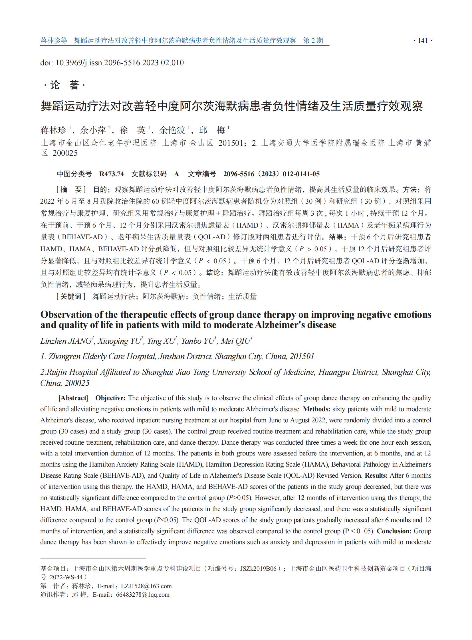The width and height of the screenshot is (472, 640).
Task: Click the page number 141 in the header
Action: click(423, 40)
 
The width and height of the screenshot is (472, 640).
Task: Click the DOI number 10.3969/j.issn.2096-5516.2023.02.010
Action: click(120, 63)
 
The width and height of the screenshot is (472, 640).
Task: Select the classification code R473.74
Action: click(111, 174)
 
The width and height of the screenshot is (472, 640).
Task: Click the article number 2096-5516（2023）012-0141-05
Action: click(271, 174)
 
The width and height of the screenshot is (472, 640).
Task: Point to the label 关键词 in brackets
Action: click(71, 296)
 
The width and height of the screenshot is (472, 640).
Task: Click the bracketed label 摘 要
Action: click(71, 190)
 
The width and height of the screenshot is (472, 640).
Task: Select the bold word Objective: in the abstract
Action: click(110, 398)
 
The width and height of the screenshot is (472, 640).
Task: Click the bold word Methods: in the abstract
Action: click(316, 409)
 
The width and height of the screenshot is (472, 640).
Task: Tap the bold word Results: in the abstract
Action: click(376, 475)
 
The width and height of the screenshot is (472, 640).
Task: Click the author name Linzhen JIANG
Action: click(66, 341)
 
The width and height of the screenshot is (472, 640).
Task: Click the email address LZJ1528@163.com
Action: click(146, 586)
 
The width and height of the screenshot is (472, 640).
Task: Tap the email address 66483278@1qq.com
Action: click(143, 595)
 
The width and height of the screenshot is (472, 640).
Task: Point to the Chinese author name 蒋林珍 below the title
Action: click(53, 131)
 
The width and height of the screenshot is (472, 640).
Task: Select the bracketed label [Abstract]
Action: click(73, 398)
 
